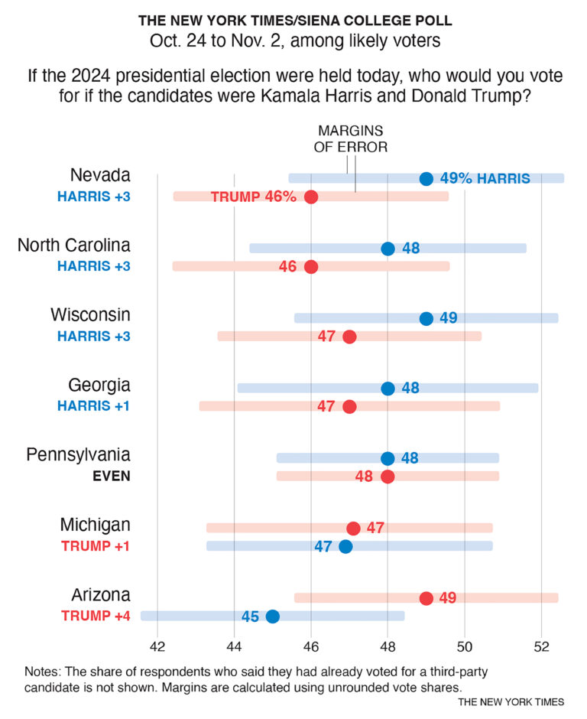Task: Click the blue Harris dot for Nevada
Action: click(x=426, y=179)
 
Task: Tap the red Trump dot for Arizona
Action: click(x=426, y=598)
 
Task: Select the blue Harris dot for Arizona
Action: click(x=272, y=617)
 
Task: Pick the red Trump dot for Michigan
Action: click(x=353, y=529)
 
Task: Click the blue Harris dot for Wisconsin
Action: click(x=426, y=319)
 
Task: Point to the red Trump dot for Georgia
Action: click(x=349, y=406)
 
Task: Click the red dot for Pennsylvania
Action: click(x=388, y=477)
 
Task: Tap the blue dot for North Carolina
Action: click(x=388, y=249)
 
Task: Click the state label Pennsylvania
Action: click(x=78, y=455)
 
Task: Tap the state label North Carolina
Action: click(x=73, y=246)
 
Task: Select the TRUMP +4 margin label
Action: click(x=96, y=617)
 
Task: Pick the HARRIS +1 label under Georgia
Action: click(x=93, y=406)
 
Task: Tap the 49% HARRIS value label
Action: click(x=485, y=179)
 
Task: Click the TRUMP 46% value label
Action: click(x=253, y=197)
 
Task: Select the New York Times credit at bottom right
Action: click(x=511, y=701)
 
